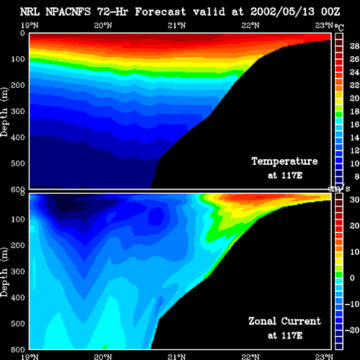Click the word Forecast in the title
161,12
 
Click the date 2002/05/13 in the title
282,12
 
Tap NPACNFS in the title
68,12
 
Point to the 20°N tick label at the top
103,25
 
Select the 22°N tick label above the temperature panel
251,25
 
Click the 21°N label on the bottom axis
176,356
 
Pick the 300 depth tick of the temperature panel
18,112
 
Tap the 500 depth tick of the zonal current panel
18,323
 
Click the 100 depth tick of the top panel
18,59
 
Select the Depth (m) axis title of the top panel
4,112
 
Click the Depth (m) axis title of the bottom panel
4,272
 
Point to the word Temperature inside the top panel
284,161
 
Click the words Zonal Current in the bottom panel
284,321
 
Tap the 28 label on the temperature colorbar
354,46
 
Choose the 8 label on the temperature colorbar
357,176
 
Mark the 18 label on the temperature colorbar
354,112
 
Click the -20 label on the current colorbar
352,330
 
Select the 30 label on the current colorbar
354,199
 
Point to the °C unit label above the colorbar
339,27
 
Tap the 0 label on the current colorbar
352,278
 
